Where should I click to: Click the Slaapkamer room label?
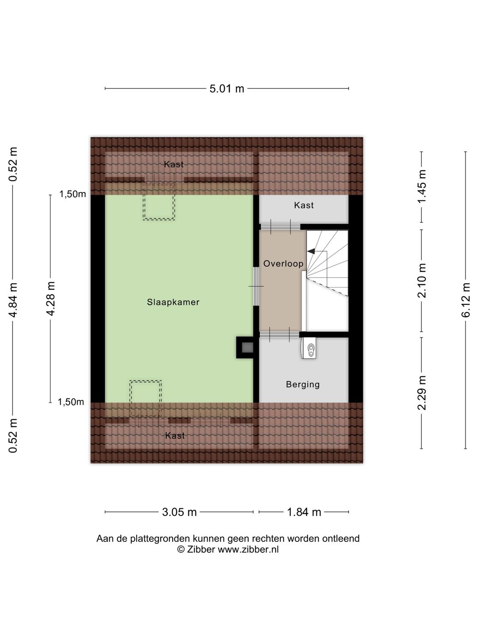173,302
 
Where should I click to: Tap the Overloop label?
283,264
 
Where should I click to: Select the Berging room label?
303,384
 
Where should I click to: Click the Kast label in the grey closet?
304,205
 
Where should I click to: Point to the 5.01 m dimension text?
227,89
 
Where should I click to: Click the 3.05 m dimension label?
179,512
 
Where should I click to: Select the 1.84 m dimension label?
304,512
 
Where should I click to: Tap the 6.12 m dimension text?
466,300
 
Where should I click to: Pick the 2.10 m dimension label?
421,280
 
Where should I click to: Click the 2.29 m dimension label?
421,393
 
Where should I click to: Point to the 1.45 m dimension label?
421,187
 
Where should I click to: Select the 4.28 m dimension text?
50,299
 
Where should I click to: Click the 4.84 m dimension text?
13,300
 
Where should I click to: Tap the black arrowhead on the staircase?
311,251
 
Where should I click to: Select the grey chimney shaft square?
247,347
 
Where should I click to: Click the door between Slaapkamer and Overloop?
256,286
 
